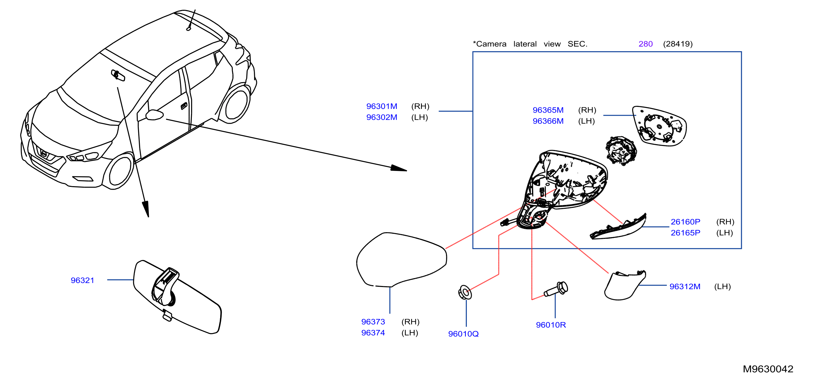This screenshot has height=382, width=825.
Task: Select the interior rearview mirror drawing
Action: (177, 297)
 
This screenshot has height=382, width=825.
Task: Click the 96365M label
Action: (548, 110)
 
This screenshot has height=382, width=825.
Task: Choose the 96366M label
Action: (548, 121)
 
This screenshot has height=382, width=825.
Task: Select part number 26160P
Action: (685, 222)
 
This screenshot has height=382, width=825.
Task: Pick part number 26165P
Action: (685, 233)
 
